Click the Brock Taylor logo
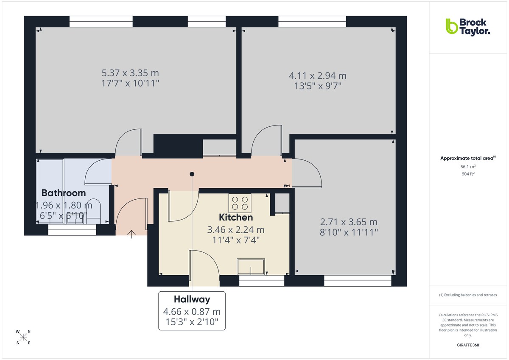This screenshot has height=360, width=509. coord(467,26)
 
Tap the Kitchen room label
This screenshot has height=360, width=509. coord(236,218)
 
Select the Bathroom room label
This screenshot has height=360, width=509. coord(64,193)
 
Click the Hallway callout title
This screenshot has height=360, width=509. coord(192,299)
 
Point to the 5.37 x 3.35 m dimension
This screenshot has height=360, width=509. coord(130,73)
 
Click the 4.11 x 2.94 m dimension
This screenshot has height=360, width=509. coord(318,76)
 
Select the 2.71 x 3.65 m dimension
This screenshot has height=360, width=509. coord(349,222)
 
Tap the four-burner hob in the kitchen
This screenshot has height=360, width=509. coord(240,203)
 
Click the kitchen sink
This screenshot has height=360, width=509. coord(251,266)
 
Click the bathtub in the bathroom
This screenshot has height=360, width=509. coord(50,191)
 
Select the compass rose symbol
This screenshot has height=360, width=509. coord(23,337)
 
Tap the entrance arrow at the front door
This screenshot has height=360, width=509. coord(131,234)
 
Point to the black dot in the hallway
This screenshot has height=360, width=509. coord(192,174)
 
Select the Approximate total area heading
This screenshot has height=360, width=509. coord(467,158)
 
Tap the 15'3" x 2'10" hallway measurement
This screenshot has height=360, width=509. coord(192,322)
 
